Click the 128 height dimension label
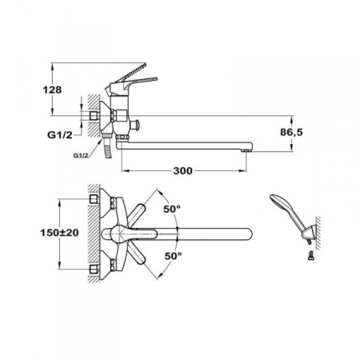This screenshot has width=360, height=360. click(52, 90)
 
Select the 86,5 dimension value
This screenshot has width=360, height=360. click(291, 132)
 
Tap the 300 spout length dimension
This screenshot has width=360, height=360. click(182, 170)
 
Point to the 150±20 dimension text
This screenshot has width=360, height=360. click(59, 233)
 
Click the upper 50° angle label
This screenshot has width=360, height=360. click(172, 209)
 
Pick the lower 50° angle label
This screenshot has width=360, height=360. click(173, 256)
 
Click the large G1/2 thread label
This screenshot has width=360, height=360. click(60, 135)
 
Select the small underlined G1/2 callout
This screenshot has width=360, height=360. click(81, 155)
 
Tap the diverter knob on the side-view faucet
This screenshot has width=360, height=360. click(138, 124)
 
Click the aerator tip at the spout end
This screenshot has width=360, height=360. click(246, 151)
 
